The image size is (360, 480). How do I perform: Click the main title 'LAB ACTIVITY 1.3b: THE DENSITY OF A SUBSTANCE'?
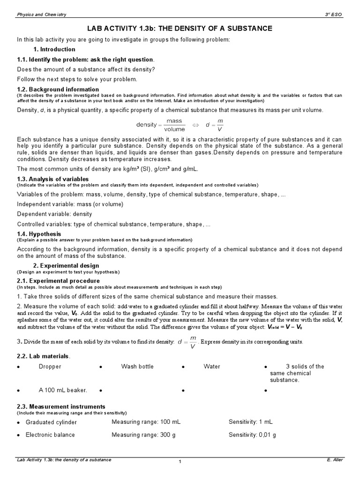pos(180,29)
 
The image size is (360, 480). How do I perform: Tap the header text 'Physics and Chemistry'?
pos(41,15)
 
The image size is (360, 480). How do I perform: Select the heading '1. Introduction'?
pos(54,49)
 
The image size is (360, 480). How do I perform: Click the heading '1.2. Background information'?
pos(58,89)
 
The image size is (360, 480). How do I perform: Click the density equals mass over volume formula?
pos(161,125)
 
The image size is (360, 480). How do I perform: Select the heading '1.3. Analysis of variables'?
pos(52,179)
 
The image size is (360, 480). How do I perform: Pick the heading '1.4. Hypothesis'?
pos(39,233)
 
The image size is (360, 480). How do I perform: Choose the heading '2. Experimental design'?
pos(66,266)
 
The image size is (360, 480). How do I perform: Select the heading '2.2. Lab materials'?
pos(44,356)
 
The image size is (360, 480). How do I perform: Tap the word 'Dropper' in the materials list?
pos(50,367)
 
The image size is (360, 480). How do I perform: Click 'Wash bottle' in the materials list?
pos(137,367)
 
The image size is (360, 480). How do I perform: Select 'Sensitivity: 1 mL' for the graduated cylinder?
pos(250,422)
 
